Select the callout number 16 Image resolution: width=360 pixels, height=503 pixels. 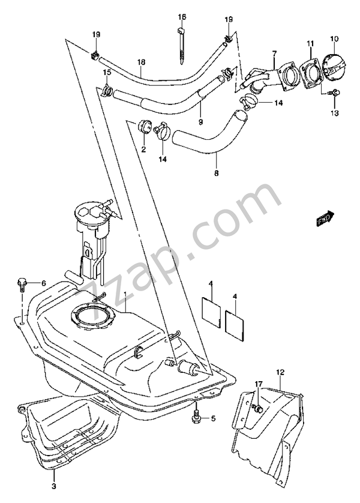[182, 16]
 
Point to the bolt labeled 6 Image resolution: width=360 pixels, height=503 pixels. [22, 282]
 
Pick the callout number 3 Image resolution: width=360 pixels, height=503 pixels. [53, 486]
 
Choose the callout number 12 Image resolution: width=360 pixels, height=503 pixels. [280, 373]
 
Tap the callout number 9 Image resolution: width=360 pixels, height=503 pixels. [200, 122]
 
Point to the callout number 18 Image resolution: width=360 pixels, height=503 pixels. [142, 62]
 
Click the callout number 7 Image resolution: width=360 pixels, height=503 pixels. [273, 54]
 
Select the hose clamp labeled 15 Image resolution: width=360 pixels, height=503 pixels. [107, 91]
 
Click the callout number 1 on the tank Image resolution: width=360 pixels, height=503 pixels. [125, 295]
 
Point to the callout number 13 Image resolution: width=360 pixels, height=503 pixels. [334, 112]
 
